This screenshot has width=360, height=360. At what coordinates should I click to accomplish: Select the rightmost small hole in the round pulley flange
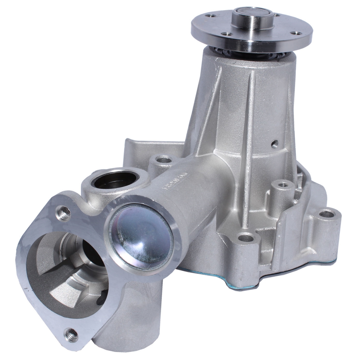coord(295,33)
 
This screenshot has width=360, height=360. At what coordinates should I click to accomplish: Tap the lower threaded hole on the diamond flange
coord(70,333)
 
